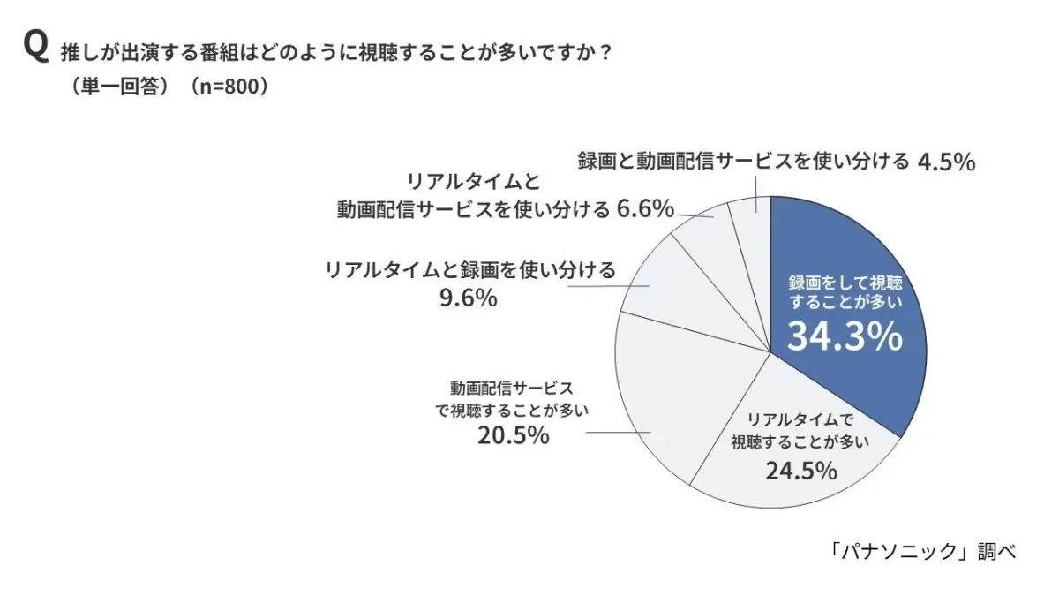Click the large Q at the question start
click(35, 48)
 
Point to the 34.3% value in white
click(845, 336)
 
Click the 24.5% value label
click(800, 471)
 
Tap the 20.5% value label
click(513, 435)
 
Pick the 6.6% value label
click(645, 209)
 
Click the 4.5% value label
click(946, 162)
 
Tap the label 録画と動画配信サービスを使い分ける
click(743, 162)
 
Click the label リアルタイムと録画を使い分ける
click(470, 269)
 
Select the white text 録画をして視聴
click(845, 284)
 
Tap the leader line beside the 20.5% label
click(618, 432)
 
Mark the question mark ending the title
click(605, 52)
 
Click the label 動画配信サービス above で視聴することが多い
click(512, 388)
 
